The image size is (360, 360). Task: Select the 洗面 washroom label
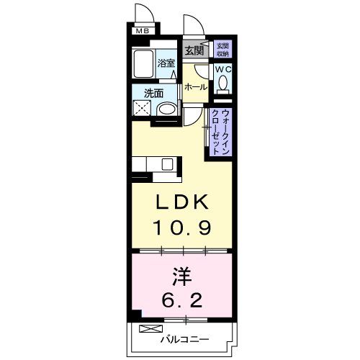(x=153, y=93)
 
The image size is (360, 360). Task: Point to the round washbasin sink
(x=166, y=110)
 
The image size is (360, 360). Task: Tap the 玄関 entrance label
(x=193, y=50)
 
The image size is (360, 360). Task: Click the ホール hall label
(x=196, y=87)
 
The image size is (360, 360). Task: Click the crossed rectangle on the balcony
(x=148, y=329)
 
